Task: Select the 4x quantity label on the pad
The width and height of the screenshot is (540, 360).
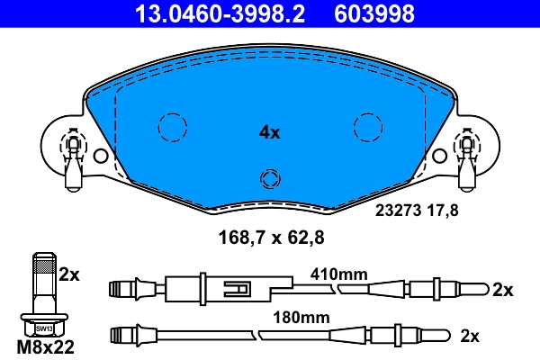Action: pos(269,132)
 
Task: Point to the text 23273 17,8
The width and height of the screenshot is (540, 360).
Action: pos(416,212)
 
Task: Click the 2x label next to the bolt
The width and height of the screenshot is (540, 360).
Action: pos(69,274)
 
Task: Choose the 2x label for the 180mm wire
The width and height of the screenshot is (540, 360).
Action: pos(469,336)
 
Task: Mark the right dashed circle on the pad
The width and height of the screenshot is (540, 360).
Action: pos(368,128)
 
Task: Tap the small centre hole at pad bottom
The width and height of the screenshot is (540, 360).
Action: pos(269,177)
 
